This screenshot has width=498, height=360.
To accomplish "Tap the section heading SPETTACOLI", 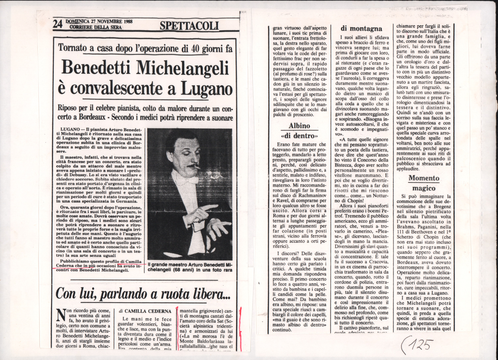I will click(x=189, y=25).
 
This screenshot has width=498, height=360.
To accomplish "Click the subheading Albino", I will click(x=299, y=126).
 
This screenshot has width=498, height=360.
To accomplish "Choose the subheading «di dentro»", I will click(x=299, y=136).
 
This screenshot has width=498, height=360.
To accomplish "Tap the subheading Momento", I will click(x=424, y=178).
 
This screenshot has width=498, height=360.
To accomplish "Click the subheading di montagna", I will click(x=361, y=29).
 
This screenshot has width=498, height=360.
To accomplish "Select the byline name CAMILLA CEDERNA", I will click(x=148, y=311).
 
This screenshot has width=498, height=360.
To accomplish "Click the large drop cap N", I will click(x=60, y=315).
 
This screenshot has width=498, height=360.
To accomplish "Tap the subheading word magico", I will click(x=424, y=188).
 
